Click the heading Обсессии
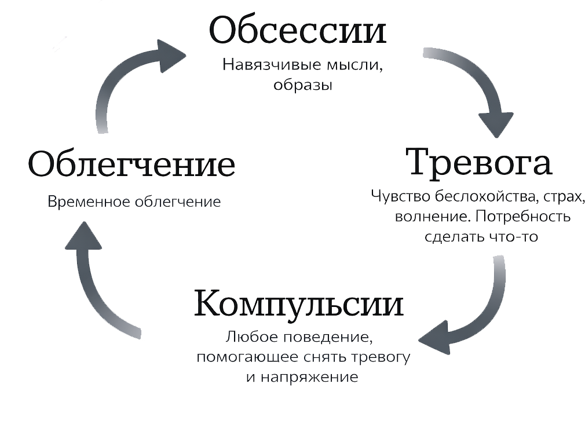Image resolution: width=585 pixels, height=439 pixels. pos(297,30)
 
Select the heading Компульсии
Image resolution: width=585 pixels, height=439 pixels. pos(298,303)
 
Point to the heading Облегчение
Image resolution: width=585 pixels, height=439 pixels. pos(131,164)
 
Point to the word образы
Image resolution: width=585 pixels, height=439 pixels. pos(302,85)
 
